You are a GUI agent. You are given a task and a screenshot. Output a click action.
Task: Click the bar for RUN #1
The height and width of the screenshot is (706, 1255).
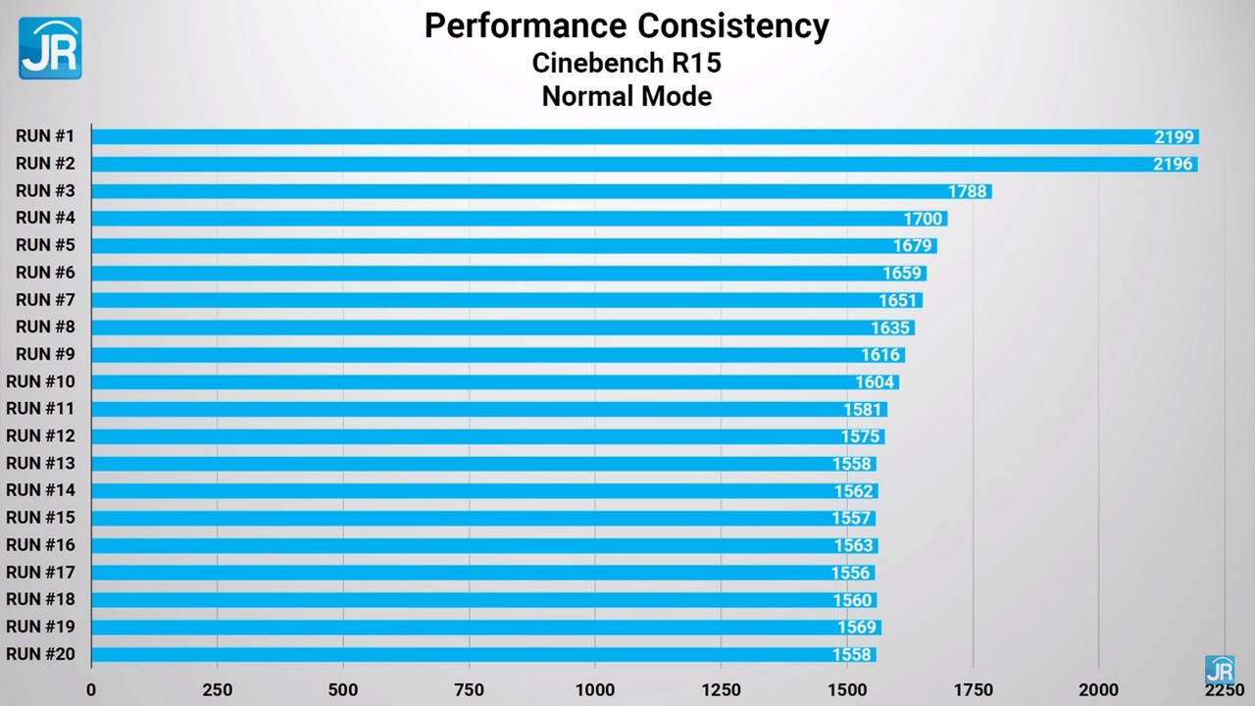[x=644, y=137]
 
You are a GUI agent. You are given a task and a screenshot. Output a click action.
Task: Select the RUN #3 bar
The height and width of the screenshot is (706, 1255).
[x=541, y=191]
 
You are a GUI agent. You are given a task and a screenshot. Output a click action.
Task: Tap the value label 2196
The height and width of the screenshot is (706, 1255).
[x=1173, y=165]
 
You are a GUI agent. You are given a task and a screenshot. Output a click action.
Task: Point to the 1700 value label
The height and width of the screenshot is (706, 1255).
[x=923, y=219]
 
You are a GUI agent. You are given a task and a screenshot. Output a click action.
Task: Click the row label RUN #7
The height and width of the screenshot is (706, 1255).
[x=46, y=299]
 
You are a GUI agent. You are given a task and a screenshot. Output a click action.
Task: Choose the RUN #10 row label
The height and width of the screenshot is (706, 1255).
[x=41, y=381]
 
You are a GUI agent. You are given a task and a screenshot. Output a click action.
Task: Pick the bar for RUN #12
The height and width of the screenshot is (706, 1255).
[x=487, y=436]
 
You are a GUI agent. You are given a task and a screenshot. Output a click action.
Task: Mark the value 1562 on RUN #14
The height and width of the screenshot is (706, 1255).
[x=853, y=491]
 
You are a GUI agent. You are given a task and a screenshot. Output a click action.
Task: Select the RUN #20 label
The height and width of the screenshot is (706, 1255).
[x=41, y=653]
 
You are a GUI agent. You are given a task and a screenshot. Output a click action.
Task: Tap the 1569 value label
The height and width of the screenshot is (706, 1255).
[x=856, y=628]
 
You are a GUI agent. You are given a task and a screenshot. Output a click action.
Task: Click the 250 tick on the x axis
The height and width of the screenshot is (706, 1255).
[x=217, y=689]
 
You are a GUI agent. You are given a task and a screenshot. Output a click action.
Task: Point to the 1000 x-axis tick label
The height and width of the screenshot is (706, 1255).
[x=595, y=689]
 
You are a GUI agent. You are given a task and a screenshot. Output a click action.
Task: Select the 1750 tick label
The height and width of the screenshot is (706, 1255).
[x=973, y=689]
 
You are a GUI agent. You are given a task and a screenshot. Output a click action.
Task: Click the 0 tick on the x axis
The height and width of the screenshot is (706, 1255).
[x=91, y=689]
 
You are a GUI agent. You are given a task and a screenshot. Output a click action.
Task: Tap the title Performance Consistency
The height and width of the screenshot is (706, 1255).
[x=627, y=26]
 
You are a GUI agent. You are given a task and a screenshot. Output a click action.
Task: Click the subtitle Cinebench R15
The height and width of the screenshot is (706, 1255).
[x=627, y=63]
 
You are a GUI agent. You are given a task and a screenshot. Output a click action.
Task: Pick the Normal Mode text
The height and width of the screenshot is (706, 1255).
[x=627, y=97]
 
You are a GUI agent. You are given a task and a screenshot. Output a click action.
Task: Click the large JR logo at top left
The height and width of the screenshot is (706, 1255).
[x=50, y=48]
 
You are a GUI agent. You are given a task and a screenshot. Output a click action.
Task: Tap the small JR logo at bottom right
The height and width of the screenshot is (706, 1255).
[x=1219, y=669]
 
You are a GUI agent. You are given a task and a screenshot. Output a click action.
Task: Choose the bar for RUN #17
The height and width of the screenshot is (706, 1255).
[x=482, y=573]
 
